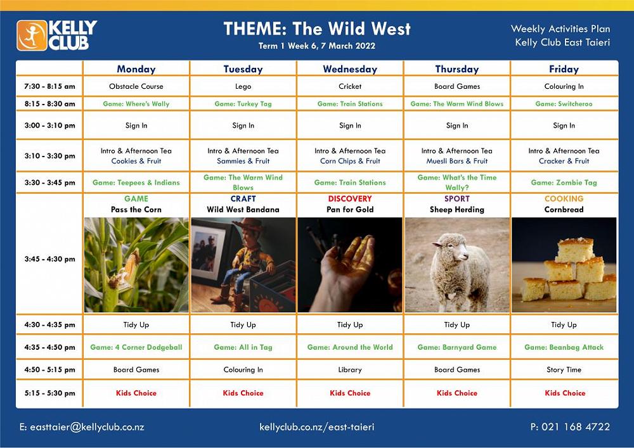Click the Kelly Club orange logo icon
[32, 35]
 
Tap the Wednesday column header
[350, 69]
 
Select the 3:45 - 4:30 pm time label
[49, 259]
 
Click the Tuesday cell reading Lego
[243, 86]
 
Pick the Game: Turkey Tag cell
[243, 104]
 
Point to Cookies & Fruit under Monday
[136, 161]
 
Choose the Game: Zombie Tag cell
[564, 182]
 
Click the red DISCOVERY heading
[350, 199]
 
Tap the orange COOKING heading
[564, 199]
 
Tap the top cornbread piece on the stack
[576, 249]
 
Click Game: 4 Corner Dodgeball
[136, 347]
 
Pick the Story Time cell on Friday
[564, 369]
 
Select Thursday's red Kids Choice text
[457, 393]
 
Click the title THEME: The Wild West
[317, 29]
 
